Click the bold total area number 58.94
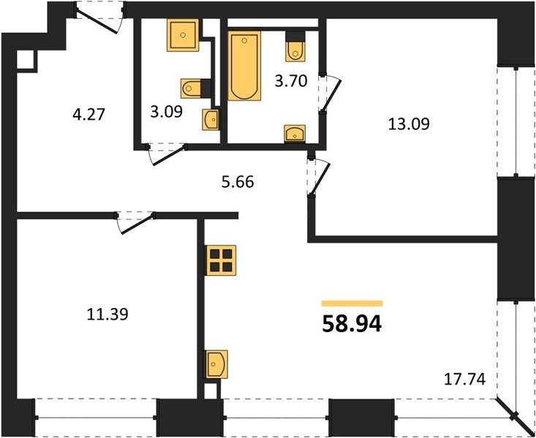pyautogui.click(x=352, y=323)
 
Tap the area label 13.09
pyautogui.click(x=409, y=124)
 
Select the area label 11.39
pyautogui.click(x=107, y=314)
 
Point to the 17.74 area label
pyautogui.click(x=464, y=380)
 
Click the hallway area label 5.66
pyautogui.click(x=238, y=182)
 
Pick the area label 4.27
pyautogui.click(x=88, y=114)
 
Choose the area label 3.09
pyautogui.click(x=167, y=112)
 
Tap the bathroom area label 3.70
pyautogui.click(x=291, y=81)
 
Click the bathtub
pyautogui.click(x=244, y=66)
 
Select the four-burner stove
pyautogui.click(x=221, y=260)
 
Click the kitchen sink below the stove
pyautogui.click(x=216, y=364)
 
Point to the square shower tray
pyautogui.click(x=183, y=35)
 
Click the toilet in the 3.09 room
pyautogui.click(x=191, y=88)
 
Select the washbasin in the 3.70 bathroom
pyautogui.click(x=295, y=134)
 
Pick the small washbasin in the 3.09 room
pyautogui.click(x=210, y=120)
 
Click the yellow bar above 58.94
pyautogui.click(x=352, y=304)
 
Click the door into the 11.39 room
pyautogui.click(x=135, y=223)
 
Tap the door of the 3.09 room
pyautogui.click(x=167, y=155)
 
